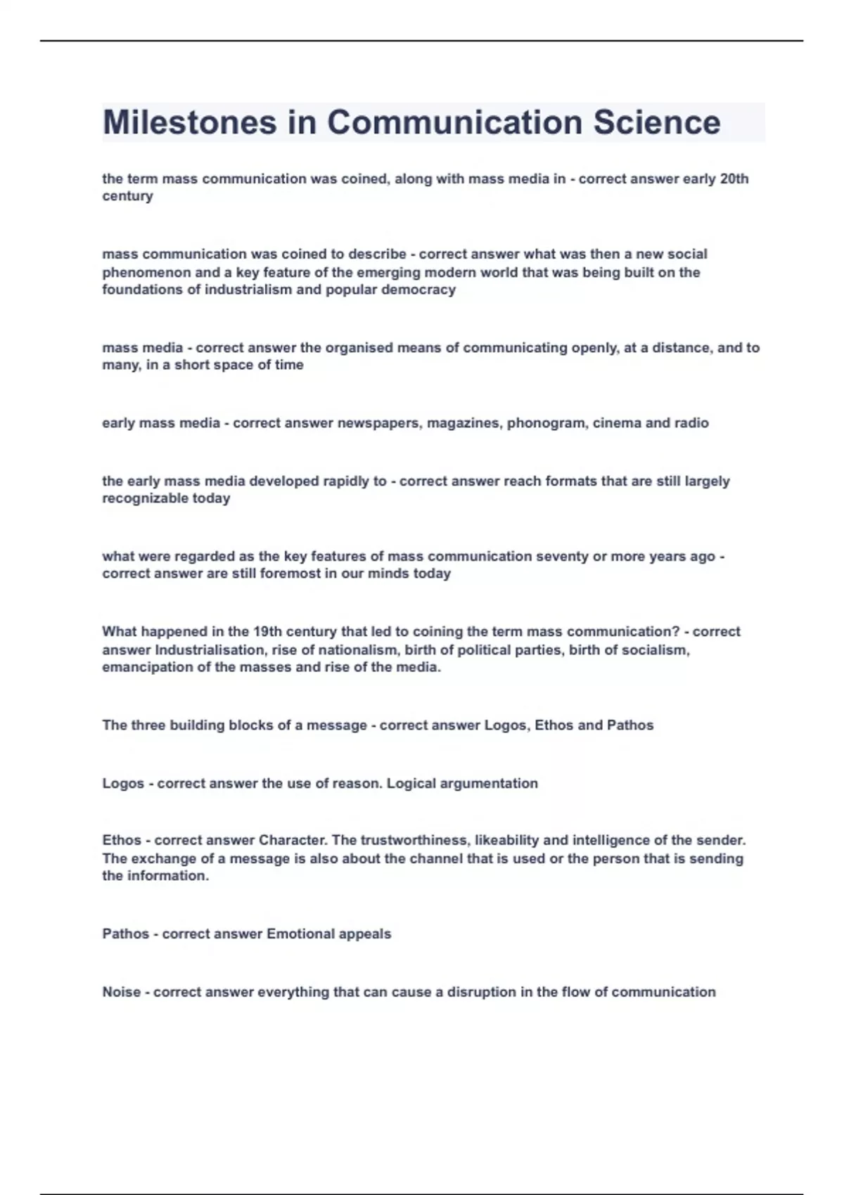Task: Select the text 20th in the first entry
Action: click(x=734, y=179)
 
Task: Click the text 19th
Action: click(x=267, y=631)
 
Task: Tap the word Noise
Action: click(x=121, y=992)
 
